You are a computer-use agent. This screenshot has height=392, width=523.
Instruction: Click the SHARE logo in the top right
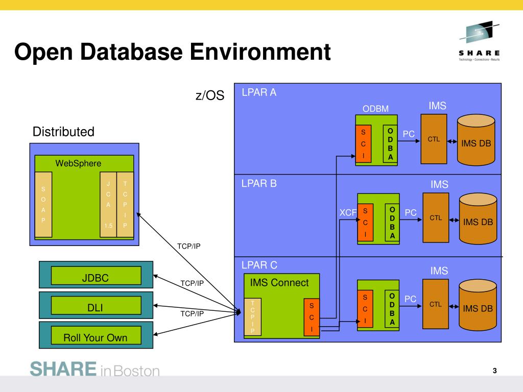click(479, 41)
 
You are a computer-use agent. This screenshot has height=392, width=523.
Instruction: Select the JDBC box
click(96, 278)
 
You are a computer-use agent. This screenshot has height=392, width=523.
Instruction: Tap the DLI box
click(96, 307)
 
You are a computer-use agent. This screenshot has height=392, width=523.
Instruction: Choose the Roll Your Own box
click(96, 337)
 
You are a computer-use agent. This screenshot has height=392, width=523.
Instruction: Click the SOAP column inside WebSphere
click(43, 205)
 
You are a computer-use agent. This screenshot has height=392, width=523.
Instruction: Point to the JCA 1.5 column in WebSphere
click(108, 205)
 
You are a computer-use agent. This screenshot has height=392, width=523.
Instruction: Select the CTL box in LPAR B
click(436, 218)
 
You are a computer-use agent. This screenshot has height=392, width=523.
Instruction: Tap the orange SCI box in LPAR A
click(363, 144)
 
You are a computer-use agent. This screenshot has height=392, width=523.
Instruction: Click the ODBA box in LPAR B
click(392, 223)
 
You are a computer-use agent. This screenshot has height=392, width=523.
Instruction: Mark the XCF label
click(347, 213)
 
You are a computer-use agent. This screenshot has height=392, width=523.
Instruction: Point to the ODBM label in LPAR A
click(375, 109)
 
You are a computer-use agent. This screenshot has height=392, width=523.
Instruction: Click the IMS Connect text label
click(279, 283)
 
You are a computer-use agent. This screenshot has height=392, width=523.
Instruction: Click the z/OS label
click(209, 95)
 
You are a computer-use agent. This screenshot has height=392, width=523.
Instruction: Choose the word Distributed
click(63, 132)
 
